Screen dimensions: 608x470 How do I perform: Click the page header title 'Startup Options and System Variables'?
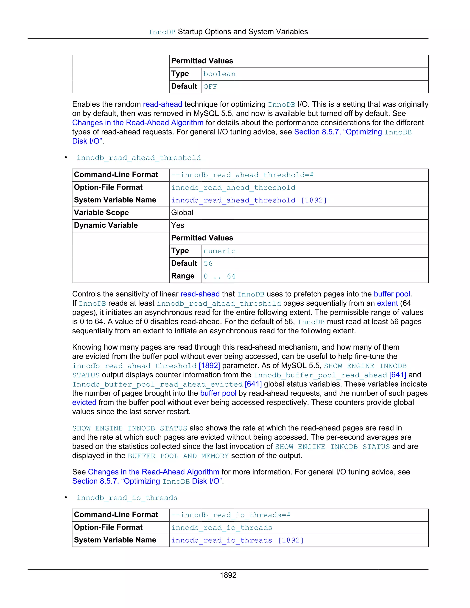click(x=243, y=32)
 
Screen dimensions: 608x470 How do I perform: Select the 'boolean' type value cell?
click(x=219, y=74)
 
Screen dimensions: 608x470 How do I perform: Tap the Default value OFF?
click(x=210, y=86)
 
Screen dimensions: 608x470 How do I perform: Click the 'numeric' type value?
click(x=219, y=251)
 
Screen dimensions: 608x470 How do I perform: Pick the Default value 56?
click(x=208, y=264)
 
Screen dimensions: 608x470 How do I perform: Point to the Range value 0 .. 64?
click(x=219, y=276)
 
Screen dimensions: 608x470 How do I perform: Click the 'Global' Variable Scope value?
click(x=182, y=213)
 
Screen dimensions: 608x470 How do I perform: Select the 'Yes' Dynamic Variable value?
click(x=178, y=225)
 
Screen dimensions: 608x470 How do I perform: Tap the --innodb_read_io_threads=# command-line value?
click(x=231, y=515)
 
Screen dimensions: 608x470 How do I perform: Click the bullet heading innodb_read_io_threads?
click(x=127, y=498)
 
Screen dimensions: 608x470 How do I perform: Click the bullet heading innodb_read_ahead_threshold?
click(x=139, y=158)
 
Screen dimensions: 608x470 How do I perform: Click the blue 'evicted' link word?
click(x=84, y=403)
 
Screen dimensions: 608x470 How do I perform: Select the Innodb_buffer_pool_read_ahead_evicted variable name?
click(x=157, y=385)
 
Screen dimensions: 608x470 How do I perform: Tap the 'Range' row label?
click(x=183, y=276)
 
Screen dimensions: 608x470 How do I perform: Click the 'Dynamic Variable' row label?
click(x=106, y=225)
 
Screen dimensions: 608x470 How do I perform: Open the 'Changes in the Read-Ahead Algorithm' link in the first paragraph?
click(x=137, y=123)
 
